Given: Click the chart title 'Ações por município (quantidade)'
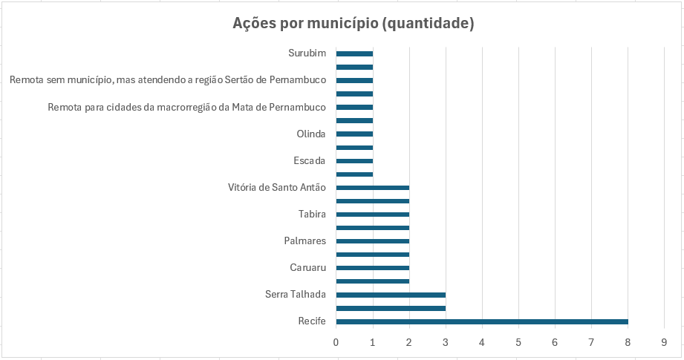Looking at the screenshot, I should [353, 24].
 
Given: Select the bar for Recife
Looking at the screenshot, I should [482, 321].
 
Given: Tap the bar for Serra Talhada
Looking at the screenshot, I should [391, 295].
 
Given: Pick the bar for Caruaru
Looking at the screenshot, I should [372, 268].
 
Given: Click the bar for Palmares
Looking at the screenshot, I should [372, 241].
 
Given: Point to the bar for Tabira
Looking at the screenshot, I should [372, 215].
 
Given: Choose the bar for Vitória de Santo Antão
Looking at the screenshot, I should [372, 188].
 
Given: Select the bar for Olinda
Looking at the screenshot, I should [354, 134].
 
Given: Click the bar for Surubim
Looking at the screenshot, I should [354, 53].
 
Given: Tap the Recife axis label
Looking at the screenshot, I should [311, 321].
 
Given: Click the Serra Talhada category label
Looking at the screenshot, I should [296, 295].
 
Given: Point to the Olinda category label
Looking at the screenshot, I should [311, 134].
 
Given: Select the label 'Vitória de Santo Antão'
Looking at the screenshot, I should [277, 188].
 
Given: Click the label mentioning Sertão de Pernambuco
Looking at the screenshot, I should [169, 80].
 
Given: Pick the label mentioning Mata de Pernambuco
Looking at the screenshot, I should [187, 108].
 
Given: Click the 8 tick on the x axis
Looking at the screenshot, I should [628, 342].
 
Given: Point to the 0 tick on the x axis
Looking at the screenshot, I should [336, 342].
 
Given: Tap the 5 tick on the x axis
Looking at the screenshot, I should [518, 342].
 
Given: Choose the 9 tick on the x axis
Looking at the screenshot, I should [665, 342].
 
